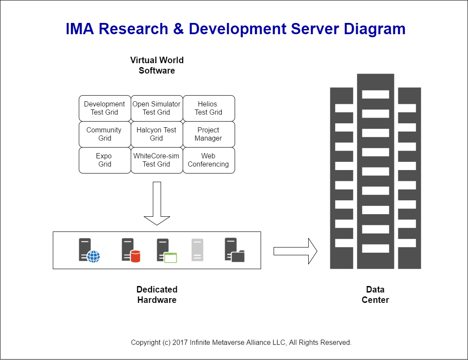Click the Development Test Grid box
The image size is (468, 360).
tap(105, 108)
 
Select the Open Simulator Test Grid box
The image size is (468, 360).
tap(157, 108)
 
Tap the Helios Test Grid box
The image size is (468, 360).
tap(209, 108)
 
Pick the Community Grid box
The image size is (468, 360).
tap(105, 134)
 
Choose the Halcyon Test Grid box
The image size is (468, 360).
tap(157, 134)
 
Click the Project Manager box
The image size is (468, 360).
tap(209, 134)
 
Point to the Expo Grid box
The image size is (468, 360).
tap(105, 160)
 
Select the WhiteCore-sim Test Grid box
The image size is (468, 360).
tap(157, 160)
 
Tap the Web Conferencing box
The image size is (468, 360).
tap(209, 160)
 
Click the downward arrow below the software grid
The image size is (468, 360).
tap(157, 203)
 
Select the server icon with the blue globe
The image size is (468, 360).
tap(89, 250)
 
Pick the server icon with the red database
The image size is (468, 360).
tap(130, 250)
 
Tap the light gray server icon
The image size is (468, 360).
tap(197, 250)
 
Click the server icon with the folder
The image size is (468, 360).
tap(234, 250)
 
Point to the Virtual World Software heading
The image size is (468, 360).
tap(157, 65)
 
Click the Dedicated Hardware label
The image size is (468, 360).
tap(157, 295)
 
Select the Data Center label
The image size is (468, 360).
tap(375, 295)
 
